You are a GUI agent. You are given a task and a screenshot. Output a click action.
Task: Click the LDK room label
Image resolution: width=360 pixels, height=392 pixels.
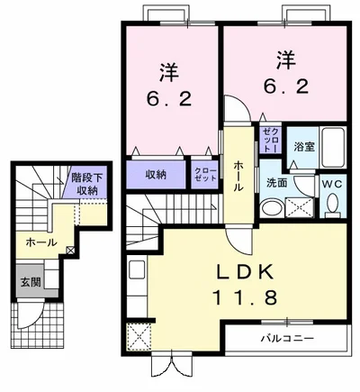[245, 272]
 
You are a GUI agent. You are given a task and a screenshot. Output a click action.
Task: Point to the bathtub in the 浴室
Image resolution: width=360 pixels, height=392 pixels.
[333, 147]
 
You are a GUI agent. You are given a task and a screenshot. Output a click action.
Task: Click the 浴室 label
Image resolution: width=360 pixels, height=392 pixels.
[304, 147]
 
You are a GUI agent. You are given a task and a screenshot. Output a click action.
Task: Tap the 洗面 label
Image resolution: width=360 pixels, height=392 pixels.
[277, 183]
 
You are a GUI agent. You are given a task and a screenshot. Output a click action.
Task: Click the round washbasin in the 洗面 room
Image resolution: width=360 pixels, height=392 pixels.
[271, 208]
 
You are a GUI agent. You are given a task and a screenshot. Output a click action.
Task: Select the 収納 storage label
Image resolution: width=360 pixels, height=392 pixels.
[156, 174]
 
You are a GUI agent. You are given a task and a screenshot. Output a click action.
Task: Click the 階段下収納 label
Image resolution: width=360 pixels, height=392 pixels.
[86, 184]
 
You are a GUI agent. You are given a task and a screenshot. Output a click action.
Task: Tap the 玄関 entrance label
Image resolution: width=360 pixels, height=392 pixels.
[31, 282]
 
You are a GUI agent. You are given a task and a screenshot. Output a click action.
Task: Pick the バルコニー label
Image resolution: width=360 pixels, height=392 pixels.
[287, 339]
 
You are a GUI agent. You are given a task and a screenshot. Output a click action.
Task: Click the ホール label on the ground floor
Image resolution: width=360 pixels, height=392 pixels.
[41, 242]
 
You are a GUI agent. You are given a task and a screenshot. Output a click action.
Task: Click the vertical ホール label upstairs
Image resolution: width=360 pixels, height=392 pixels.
[238, 176]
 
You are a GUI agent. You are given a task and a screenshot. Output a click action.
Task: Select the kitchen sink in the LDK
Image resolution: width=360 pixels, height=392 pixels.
[137, 269]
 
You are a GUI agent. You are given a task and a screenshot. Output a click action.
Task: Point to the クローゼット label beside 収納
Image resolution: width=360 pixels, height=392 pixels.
[205, 175]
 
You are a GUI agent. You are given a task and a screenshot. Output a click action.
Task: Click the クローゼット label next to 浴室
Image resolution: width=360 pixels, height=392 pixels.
[270, 139]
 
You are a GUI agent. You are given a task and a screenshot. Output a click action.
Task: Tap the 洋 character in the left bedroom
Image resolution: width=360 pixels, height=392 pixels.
[169, 72]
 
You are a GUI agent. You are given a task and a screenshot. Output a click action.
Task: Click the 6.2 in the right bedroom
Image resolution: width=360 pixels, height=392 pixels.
[286, 87]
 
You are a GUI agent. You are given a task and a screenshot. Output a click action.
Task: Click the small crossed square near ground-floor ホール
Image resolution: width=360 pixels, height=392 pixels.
[70, 250]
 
